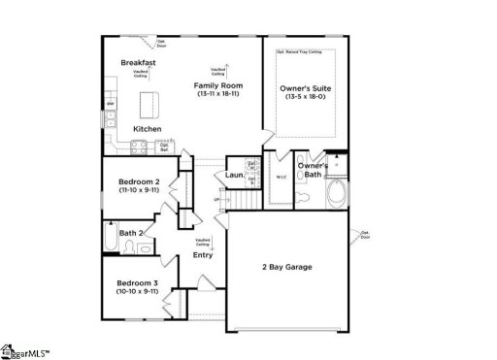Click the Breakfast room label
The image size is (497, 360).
click(x=139, y=63)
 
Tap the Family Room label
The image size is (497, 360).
click(x=218, y=85)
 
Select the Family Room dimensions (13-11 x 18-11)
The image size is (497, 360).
click(x=218, y=95)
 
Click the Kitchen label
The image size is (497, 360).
click(x=147, y=129)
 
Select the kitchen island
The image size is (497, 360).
click(x=149, y=103)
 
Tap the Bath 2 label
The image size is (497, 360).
click(x=131, y=233)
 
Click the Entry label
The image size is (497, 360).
click(x=202, y=255)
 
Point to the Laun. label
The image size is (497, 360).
click(x=234, y=176)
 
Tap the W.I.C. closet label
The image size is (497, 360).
click(x=281, y=177)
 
